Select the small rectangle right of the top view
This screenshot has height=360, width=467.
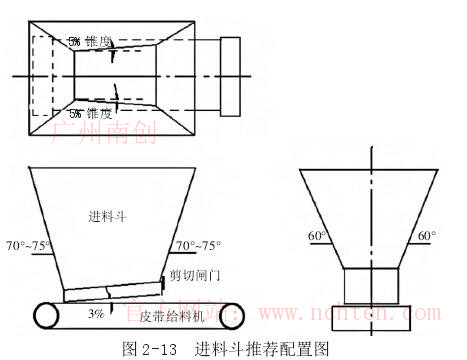pyautogui.click(x=230, y=77)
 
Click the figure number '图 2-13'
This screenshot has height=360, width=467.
pyautogui.click(x=148, y=349)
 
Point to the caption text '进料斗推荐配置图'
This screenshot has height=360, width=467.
pyautogui.click(x=262, y=349)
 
